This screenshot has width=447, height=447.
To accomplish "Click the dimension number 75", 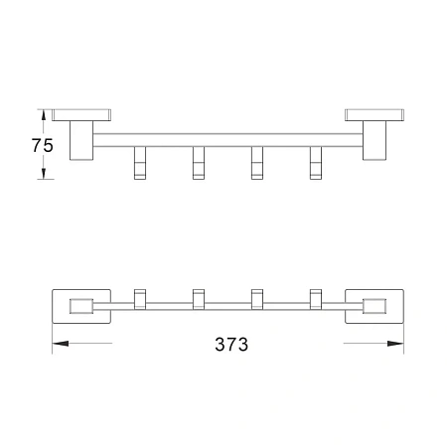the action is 42,145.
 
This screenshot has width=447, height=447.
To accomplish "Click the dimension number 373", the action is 231,345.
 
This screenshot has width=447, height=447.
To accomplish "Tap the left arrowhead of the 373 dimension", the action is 61,344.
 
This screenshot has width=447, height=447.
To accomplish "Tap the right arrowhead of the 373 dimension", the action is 395,344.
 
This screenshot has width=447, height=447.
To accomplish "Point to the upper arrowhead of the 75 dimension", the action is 43,114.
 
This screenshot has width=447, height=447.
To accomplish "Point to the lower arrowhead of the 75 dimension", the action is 44,174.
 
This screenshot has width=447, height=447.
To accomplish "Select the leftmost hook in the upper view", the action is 140,163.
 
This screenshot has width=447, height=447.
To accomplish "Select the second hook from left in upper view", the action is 199,163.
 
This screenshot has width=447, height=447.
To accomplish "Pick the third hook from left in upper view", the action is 257,163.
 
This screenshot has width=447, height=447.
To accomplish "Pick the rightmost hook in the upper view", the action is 316,163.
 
